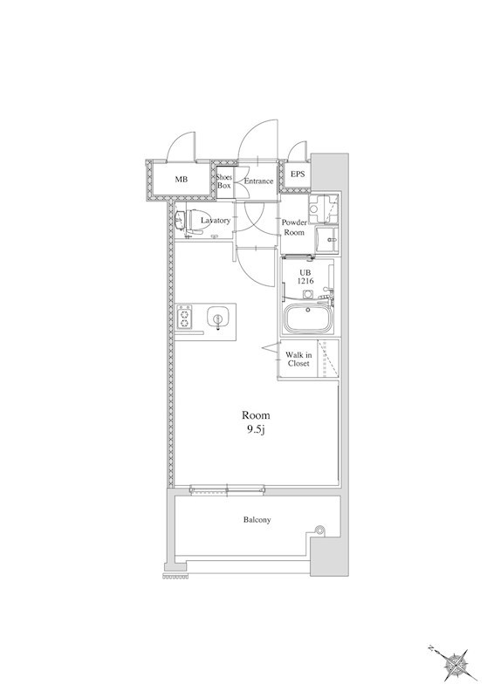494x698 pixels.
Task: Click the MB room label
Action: [x=182, y=180]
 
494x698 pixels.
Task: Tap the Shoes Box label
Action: [x=224, y=181]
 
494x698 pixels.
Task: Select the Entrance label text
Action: [x=258, y=181]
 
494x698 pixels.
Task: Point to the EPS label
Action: [x=298, y=174]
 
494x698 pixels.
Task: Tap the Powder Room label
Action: [x=294, y=227]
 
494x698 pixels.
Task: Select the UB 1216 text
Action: [x=306, y=277]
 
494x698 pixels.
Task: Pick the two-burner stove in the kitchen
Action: [x=184, y=317]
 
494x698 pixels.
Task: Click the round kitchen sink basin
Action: [x=217, y=318]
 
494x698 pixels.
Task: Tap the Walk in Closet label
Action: [x=298, y=359]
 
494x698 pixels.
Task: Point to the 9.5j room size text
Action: [x=256, y=430]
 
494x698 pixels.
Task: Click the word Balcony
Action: [x=257, y=519]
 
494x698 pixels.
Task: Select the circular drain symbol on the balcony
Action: [x=319, y=530]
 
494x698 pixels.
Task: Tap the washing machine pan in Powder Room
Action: [x=324, y=209]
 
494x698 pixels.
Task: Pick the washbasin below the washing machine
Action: [x=327, y=240]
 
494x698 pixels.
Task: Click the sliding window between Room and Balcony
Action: [x=227, y=490]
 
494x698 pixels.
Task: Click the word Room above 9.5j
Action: [x=256, y=415]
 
